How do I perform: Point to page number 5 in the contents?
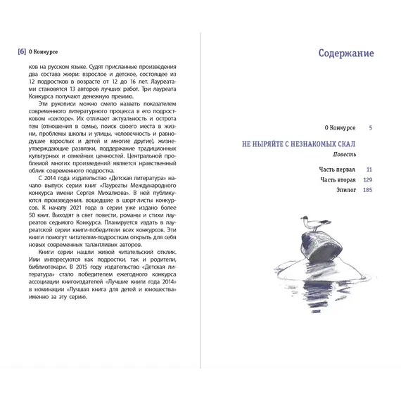[370, 127]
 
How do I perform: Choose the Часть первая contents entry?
[336, 170]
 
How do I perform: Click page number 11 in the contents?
[369, 170]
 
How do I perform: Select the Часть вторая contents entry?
[337, 180]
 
